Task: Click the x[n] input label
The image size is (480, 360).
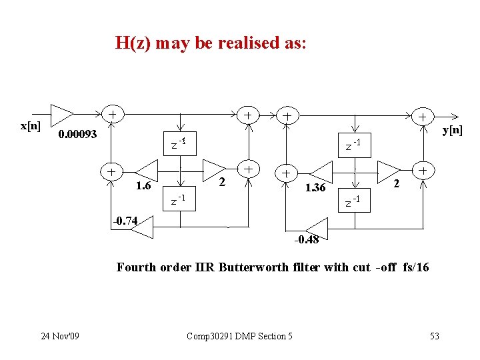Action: [31, 125]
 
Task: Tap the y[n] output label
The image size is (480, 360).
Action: [453, 130]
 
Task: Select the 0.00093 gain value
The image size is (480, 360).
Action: [78, 135]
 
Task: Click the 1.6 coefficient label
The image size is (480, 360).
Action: [143, 186]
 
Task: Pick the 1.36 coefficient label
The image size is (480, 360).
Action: [315, 187]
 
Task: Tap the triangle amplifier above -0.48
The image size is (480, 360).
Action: [317, 227]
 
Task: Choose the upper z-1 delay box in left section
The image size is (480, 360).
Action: [178, 143]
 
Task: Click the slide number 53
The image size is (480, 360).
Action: [435, 336]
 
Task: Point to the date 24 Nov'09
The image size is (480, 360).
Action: [59, 336]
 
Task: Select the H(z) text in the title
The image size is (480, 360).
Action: [133, 43]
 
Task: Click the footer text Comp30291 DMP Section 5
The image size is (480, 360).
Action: [239, 336]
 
